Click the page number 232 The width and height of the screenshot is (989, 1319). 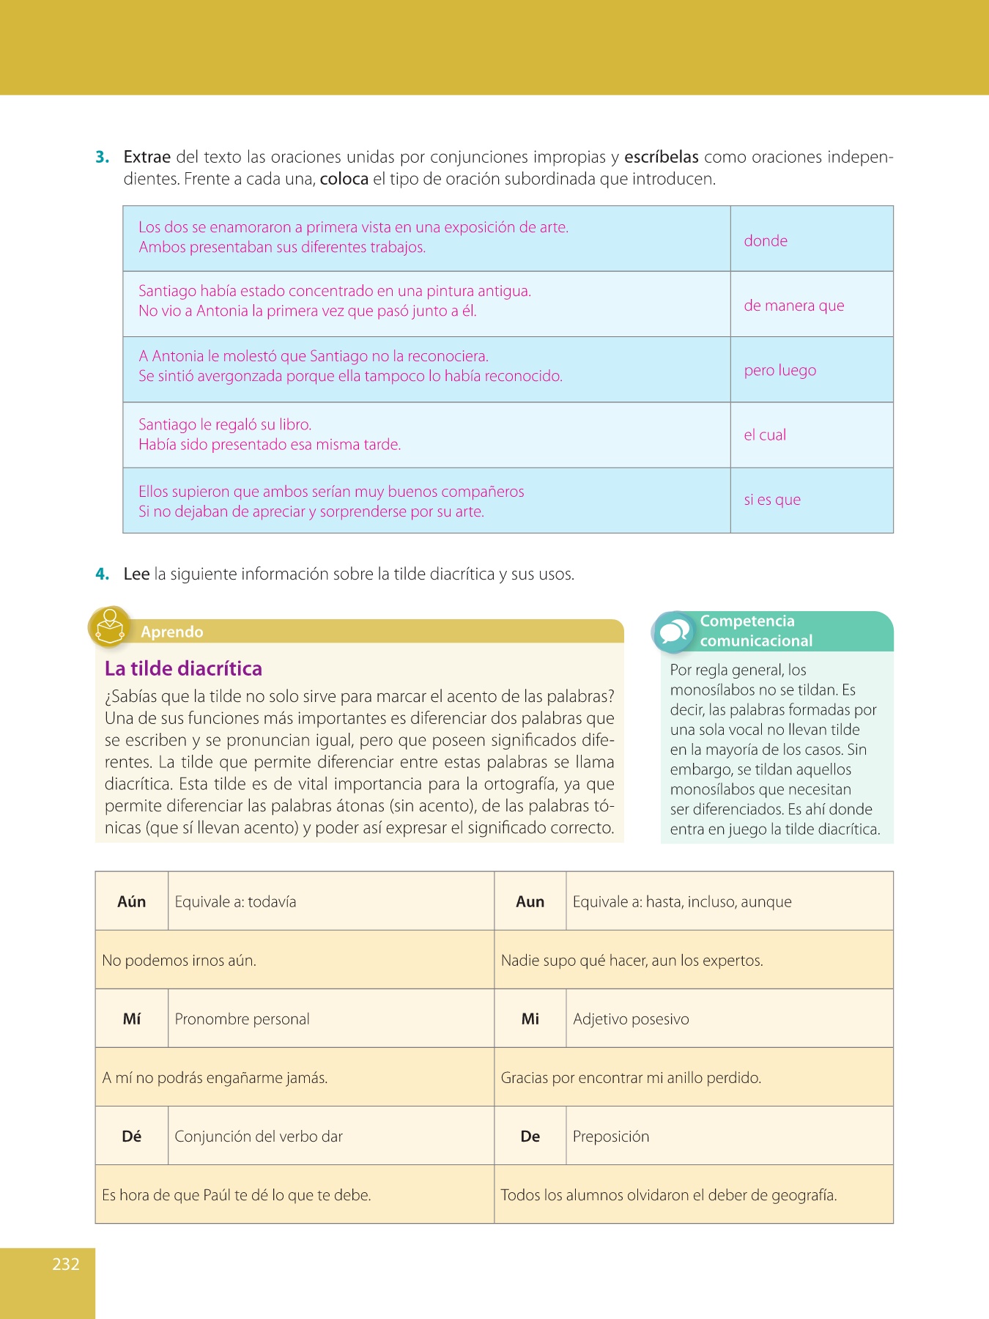[66, 1264]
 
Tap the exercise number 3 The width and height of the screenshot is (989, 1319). [103, 157]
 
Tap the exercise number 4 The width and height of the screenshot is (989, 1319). [103, 574]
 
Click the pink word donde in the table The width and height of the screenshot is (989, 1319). [766, 240]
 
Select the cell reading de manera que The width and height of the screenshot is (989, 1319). [794, 306]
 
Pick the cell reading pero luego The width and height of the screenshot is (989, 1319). [780, 370]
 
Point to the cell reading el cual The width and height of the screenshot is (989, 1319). [765, 435]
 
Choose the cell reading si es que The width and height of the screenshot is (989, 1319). [772, 500]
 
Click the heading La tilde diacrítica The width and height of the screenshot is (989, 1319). [183, 668]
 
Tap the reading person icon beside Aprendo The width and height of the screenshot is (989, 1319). [110, 628]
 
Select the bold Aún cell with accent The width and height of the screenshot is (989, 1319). [132, 901]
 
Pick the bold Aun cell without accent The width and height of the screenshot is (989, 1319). [530, 901]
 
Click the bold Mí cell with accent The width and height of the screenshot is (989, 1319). [132, 1019]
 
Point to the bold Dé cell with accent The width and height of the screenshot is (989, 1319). [132, 1136]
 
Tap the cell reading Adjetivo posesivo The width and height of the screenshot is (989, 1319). [631, 1019]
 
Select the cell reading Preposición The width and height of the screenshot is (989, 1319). [611, 1136]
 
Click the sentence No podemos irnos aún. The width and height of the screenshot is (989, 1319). [179, 960]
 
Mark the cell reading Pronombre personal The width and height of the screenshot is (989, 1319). [242, 1019]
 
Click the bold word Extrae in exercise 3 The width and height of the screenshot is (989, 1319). [147, 157]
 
